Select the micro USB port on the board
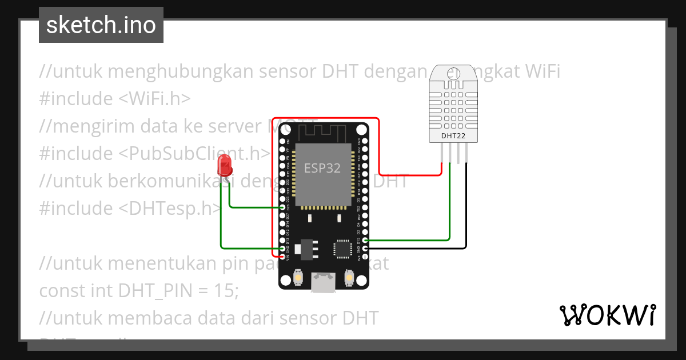tap(323, 282)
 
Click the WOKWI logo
tap(607, 315)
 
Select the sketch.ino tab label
tap(101, 25)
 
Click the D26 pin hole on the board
tap(282, 208)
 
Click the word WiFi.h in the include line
tap(154, 99)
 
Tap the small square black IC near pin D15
tap(342, 249)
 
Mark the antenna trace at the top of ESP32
tap(323, 133)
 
